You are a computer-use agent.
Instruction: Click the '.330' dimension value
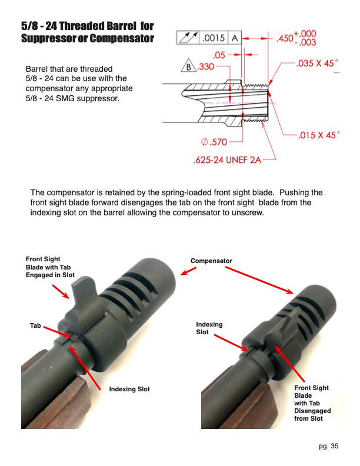205,67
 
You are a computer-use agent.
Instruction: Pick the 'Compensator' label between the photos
211,261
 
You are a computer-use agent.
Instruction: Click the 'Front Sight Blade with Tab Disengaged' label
311,403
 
